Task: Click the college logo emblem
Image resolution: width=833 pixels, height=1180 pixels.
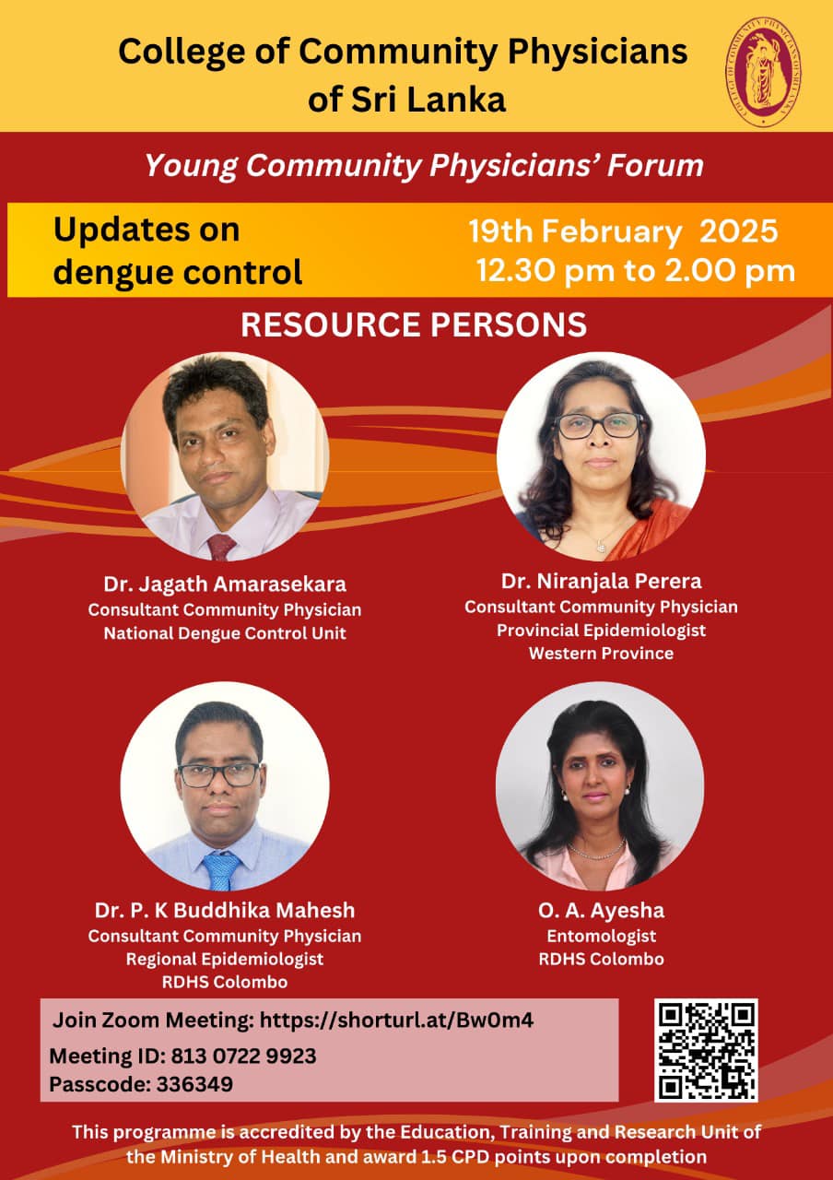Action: (x=764, y=72)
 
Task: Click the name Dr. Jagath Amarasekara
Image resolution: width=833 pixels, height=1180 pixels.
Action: (x=225, y=584)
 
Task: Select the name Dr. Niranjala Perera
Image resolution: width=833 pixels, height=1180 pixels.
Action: (x=602, y=581)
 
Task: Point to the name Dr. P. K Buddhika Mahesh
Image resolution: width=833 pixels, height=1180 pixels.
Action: (x=225, y=910)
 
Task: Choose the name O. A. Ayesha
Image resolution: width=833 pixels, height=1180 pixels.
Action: (x=602, y=910)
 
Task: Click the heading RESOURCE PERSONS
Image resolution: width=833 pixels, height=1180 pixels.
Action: (x=414, y=324)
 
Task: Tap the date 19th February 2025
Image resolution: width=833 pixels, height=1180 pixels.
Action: (x=624, y=231)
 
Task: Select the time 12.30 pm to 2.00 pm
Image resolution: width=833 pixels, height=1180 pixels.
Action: (x=636, y=271)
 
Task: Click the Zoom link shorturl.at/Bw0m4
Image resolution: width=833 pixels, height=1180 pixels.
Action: (x=397, y=1021)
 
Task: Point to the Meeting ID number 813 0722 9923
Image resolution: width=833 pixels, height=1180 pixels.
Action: (x=244, y=1056)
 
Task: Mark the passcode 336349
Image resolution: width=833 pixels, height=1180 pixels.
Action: (x=194, y=1084)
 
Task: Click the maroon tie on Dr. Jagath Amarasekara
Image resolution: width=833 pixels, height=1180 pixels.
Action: (x=221, y=547)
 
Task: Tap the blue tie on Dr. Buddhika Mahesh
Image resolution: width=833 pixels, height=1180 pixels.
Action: (x=222, y=872)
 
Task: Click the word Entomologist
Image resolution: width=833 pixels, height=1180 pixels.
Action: (x=602, y=936)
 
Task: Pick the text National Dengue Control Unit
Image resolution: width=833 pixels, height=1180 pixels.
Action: (x=225, y=633)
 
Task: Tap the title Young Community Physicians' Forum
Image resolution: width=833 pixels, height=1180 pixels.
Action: (x=424, y=166)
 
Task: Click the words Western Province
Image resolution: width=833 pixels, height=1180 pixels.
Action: (x=602, y=654)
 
